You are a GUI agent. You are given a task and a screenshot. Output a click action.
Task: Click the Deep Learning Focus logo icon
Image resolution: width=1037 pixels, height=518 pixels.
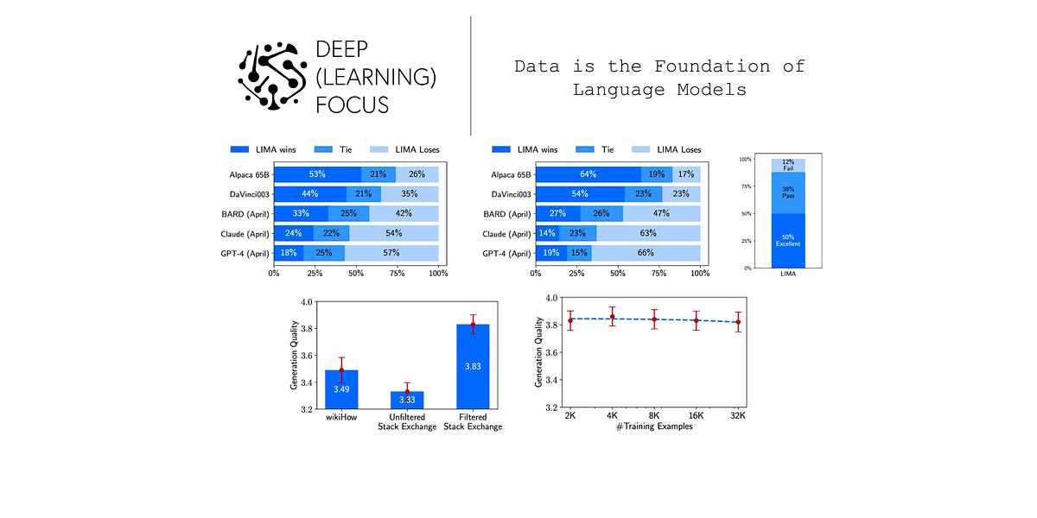point(272,75)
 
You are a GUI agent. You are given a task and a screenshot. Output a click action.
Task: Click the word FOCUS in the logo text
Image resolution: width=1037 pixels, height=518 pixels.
point(352,104)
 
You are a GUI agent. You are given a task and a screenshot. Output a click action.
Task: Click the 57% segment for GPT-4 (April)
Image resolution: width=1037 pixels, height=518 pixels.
point(391,253)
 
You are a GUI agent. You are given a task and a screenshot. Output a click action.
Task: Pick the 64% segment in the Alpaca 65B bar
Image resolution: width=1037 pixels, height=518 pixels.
point(588,174)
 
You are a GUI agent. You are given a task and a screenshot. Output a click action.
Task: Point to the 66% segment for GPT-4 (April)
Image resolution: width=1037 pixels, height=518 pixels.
point(646,253)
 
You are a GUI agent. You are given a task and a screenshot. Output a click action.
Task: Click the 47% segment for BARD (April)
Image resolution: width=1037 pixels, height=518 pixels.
point(662,213)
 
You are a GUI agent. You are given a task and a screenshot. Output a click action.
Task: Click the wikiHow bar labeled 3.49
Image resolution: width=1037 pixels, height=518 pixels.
point(340,389)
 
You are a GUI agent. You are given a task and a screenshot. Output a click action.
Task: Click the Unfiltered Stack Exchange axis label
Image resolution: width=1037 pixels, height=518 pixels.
point(406,421)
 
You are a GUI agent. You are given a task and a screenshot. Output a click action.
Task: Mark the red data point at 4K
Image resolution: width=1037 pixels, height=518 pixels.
point(612,317)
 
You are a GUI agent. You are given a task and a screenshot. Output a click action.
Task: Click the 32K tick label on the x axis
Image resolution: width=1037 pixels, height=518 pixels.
point(737,415)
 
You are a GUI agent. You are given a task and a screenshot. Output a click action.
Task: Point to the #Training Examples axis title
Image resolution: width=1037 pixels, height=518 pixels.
point(654,426)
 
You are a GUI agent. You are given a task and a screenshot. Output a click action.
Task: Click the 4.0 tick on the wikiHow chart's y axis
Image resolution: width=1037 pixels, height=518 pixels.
point(305,302)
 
